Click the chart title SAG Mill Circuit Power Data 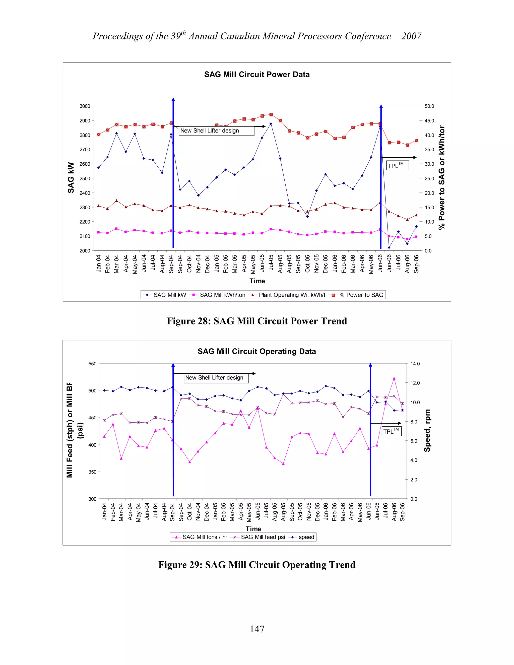tap(257, 75)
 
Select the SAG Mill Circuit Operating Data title tap(257, 351)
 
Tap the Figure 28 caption tap(257, 321)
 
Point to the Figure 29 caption tap(257, 565)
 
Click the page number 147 tap(257, 629)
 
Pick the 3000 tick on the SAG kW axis tap(85, 106)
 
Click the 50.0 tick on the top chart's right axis tap(429, 106)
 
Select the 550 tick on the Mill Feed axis tap(92, 364)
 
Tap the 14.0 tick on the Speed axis tap(415, 364)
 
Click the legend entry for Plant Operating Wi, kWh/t tap(292, 295)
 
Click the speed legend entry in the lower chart tap(306, 537)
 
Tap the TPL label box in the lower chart tap(391, 431)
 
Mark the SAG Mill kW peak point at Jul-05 tap(271, 124)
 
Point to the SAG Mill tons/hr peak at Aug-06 tap(394, 378)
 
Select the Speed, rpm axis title tap(427, 430)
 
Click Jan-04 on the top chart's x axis tap(98, 264)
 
